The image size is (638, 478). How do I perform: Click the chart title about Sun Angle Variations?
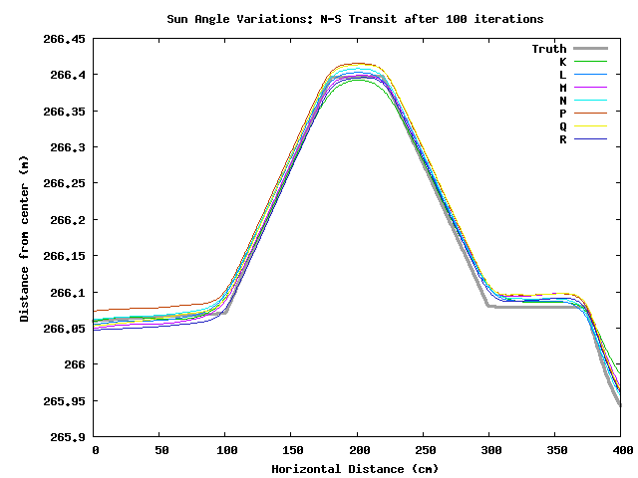coord(355,19)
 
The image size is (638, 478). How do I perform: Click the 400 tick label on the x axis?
coord(620,451)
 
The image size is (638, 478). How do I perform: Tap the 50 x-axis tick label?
coord(159,451)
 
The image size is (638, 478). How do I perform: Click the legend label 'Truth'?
coord(548,49)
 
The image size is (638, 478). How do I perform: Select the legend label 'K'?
coord(562,62)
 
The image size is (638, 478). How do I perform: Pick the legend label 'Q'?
coord(562,126)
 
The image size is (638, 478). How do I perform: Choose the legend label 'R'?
coord(562,139)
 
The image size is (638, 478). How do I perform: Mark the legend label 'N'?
coord(562,101)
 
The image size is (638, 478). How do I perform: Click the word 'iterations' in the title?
coord(508,19)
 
